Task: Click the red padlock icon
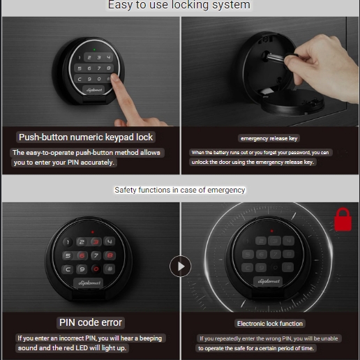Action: click(343, 220)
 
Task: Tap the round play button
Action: click(180, 267)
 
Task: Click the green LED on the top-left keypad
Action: click(94, 50)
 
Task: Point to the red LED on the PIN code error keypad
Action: click(93, 232)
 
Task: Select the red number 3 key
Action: click(96, 242)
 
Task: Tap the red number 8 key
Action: click(110, 255)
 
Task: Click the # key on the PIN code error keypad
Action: click(110, 269)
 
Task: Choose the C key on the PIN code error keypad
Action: click(68, 269)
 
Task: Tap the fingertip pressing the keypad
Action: click(114, 77)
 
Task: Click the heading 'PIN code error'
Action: click(91, 322)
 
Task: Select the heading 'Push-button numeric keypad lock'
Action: click(86, 137)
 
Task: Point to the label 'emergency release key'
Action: click(269, 138)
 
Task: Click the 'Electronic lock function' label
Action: click(270, 324)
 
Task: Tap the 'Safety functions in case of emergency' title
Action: click(180, 190)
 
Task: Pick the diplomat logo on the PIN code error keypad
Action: click(89, 283)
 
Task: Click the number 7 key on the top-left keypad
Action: click(99, 68)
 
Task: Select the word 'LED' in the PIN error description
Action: click(82, 348)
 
